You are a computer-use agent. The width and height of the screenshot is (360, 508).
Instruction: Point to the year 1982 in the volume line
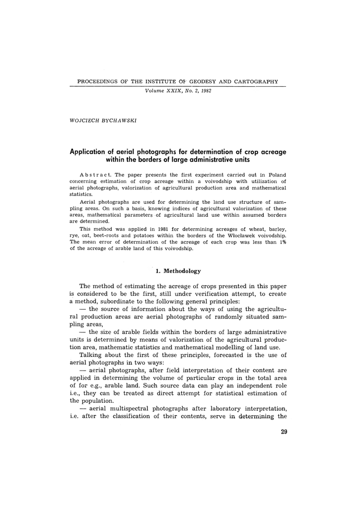[x=193, y=91]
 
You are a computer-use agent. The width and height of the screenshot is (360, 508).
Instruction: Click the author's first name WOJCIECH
[x=83, y=120]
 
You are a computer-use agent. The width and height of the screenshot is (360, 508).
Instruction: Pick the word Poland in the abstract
[x=276, y=175]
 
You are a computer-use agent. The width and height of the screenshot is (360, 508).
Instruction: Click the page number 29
[x=284, y=432]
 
